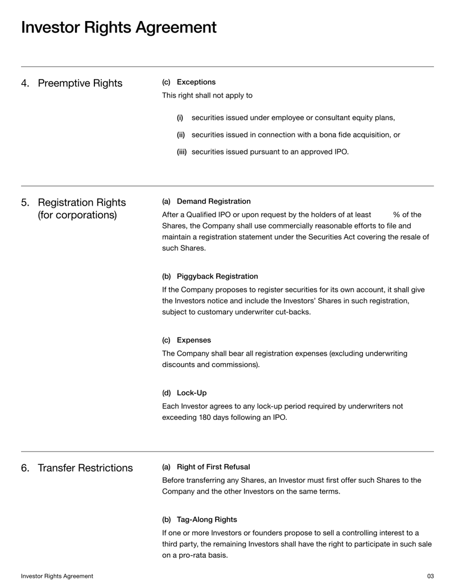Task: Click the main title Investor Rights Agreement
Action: [118, 27]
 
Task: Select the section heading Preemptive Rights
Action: [80, 84]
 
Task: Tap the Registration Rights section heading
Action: [81, 202]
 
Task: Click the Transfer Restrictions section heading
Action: [85, 468]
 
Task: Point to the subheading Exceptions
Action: [196, 82]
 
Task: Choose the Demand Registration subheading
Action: [213, 201]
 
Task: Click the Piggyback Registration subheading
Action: [217, 277]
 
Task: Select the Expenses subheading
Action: [193, 340]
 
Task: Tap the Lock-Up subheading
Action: [192, 393]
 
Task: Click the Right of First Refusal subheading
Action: [213, 467]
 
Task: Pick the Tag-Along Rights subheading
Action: [206, 520]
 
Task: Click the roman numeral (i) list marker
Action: [180, 118]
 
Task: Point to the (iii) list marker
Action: [181, 152]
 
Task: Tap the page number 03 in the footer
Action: [430, 576]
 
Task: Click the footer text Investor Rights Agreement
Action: [57, 576]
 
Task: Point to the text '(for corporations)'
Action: [77, 215]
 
